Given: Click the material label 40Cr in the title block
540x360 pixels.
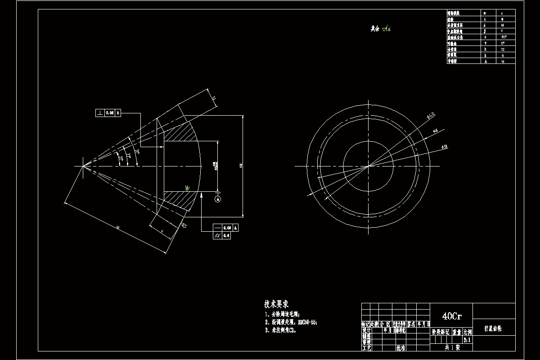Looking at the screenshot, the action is pos(452,316).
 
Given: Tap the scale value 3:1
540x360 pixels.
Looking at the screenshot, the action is pos(467,340).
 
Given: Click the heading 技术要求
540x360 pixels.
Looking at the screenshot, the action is pos(279,304).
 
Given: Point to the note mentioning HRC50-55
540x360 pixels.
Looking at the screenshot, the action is pos(292,322).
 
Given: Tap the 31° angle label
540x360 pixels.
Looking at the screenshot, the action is pos(137,153).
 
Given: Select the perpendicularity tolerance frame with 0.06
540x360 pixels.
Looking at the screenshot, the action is pos(108,113).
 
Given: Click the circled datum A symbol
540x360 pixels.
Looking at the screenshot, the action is pos(218,199).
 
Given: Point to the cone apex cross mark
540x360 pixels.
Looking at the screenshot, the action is pos(83,166).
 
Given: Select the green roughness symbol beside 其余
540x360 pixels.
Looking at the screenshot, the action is pos(385,29).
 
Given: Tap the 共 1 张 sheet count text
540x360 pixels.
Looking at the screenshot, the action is pos(452,347).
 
